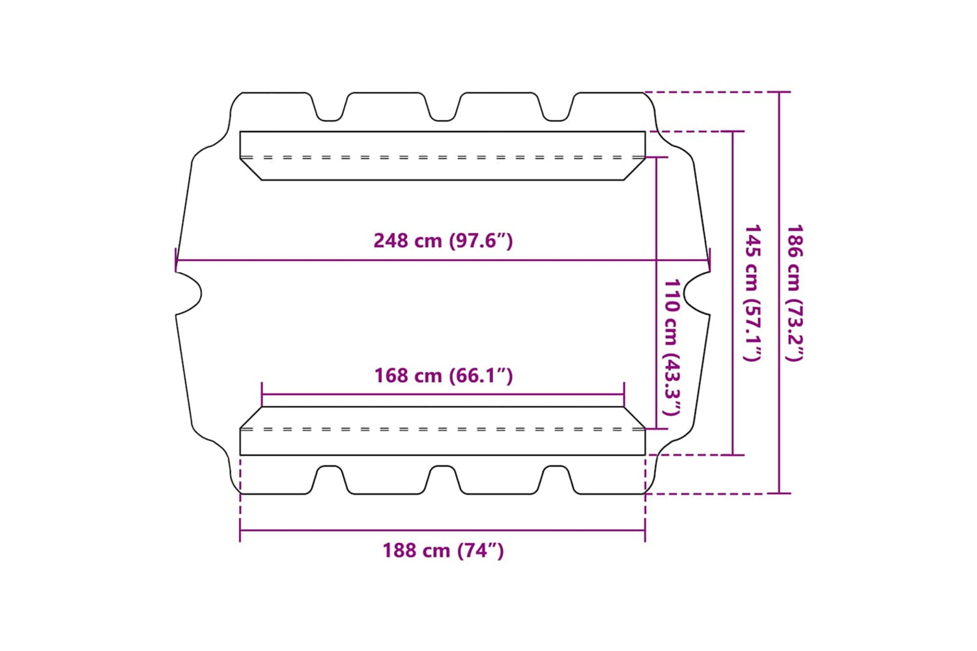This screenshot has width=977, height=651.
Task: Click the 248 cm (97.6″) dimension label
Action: coord(443,241)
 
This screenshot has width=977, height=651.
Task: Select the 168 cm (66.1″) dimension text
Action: coord(444,376)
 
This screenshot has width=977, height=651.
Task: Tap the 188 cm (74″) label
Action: coord(443,550)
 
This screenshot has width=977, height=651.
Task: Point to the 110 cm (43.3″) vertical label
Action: coord(672,348)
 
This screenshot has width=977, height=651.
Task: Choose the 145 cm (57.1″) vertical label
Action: coord(752,293)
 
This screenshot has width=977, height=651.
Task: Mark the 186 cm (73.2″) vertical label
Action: coord(794,293)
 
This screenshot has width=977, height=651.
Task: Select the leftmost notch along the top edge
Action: coord(330,107)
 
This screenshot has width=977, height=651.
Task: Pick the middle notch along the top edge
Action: coord(443,107)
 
